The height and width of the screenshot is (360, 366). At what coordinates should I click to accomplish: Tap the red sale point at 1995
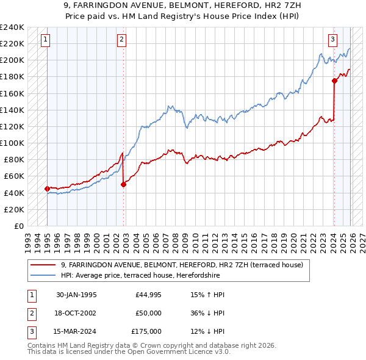48,189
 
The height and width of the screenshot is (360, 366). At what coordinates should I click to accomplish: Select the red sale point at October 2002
124,184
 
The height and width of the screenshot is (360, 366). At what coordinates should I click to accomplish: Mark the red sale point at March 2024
334,81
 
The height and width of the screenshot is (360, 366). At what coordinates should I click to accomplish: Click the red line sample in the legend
43,265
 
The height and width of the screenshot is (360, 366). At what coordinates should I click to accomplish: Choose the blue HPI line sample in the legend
43,275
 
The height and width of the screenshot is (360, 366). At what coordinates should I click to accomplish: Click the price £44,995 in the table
149,295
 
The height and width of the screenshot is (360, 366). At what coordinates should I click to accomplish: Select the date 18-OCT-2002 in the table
76,313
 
